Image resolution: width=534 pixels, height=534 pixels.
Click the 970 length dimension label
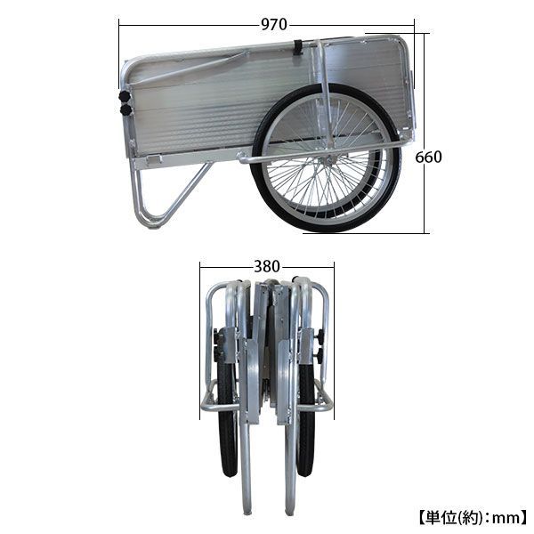coord(274,25)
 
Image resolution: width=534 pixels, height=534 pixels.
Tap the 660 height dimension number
coord(428,157)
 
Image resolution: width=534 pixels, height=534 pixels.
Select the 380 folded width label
coord(267,266)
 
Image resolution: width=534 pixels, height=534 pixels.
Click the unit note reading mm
coord(505,519)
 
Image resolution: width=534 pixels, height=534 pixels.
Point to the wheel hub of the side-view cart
coord(327,159)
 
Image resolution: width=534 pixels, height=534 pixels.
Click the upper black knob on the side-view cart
coord(125,96)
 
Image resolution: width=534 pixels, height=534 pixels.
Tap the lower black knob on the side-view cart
coord(126,110)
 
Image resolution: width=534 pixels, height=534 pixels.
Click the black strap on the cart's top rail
coord(299,48)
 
